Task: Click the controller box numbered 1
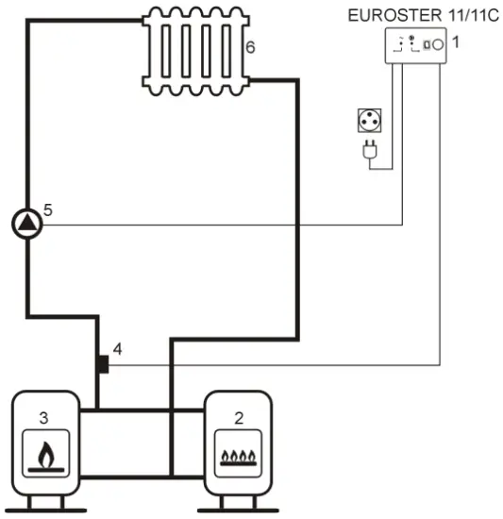[x=416, y=45]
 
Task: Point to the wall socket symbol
[x=369, y=120]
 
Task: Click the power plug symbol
[x=369, y=151]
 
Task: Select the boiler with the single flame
[x=44, y=439]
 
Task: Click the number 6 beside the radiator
[x=249, y=46]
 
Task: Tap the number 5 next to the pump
[x=48, y=209]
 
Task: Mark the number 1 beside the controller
[x=456, y=42]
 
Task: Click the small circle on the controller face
[x=437, y=44]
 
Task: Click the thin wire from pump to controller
[x=217, y=226]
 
